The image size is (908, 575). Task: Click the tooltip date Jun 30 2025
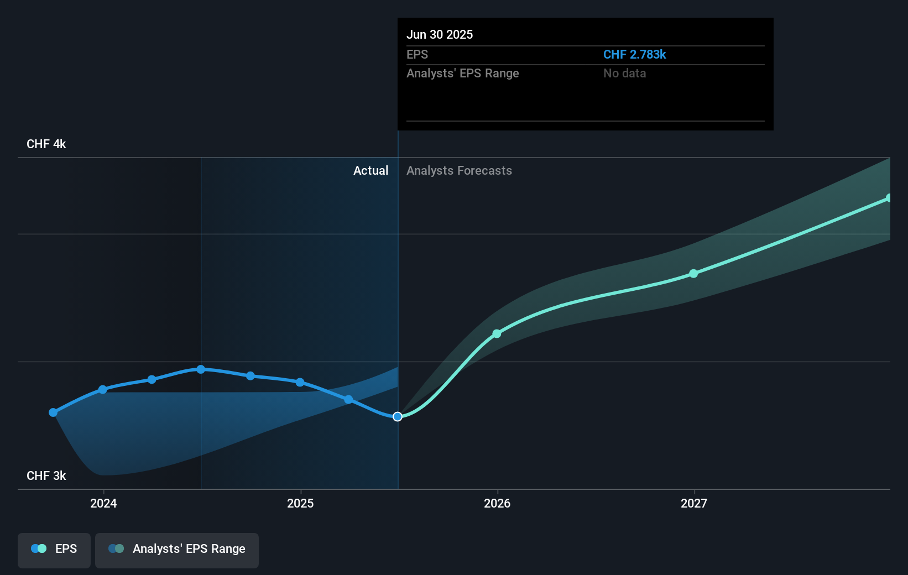[440, 34]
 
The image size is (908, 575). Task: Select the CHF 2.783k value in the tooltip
[634, 54]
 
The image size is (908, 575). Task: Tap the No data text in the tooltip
[624, 73]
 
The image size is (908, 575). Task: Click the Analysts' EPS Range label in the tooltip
[462, 73]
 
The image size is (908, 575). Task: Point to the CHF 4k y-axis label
[46, 144]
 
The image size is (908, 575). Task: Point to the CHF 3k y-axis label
[46, 475]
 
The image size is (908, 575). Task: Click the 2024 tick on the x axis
[103, 503]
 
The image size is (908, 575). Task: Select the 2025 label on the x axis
[300, 503]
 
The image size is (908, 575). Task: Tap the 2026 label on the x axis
[497, 503]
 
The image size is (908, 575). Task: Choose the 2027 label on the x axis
[694, 503]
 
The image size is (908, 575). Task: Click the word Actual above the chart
[370, 170]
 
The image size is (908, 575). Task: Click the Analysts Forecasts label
[459, 170]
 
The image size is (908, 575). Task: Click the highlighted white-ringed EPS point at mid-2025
[398, 416]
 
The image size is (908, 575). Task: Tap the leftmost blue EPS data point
[53, 412]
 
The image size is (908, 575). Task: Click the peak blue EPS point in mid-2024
[201, 369]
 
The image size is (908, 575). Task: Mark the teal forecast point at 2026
[497, 333]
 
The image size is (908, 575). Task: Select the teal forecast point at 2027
[693, 274]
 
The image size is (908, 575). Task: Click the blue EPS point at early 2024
[102, 390]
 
